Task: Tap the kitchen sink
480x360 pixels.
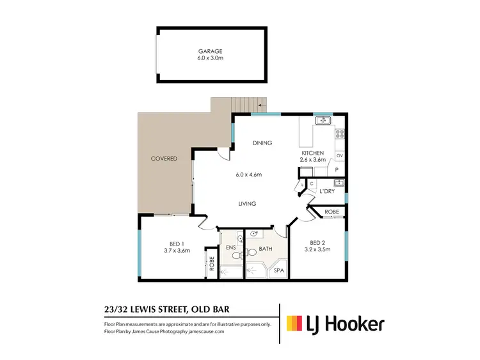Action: (323, 120)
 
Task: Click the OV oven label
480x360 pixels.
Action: (340, 155)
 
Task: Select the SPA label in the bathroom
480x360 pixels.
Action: (278, 270)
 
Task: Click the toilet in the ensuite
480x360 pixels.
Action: (236, 254)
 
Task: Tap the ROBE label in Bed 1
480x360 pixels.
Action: (212, 263)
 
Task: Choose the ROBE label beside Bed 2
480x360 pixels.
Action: (332, 211)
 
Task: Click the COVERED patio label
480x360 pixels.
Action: (164, 158)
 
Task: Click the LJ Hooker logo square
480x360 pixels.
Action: (295, 324)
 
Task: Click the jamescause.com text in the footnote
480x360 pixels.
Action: (211, 332)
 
